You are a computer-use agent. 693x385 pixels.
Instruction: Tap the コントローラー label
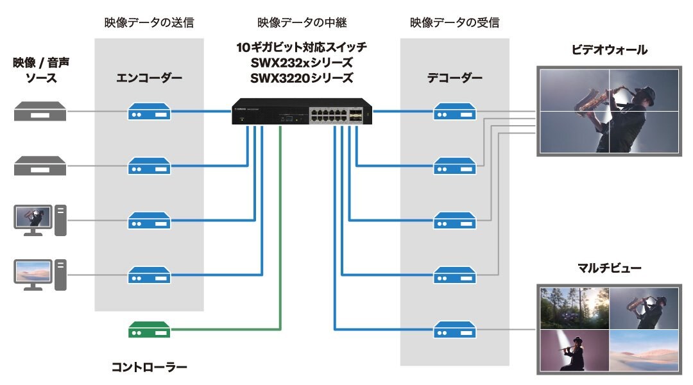pos(149,367)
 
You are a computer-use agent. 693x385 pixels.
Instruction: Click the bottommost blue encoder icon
pos(149,275)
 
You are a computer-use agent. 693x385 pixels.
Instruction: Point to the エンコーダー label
pos(149,79)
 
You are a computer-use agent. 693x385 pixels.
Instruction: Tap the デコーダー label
pos(454,79)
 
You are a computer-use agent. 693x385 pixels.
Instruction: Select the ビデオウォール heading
pos(609,49)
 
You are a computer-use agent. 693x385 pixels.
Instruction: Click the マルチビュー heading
pos(609,268)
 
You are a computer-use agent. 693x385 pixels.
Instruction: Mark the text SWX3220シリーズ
pos(302,78)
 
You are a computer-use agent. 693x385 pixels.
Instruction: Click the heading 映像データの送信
pos(149,23)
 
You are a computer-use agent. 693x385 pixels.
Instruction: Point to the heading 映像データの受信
pos(454,23)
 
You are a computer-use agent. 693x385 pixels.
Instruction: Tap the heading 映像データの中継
pos(302,23)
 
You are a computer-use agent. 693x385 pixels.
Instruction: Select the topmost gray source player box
pos(40,112)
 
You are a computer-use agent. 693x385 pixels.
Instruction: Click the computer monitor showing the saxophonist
pos(33,217)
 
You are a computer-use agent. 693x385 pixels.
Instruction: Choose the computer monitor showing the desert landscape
pos(33,271)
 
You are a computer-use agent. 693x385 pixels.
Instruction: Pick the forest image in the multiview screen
pos(574,308)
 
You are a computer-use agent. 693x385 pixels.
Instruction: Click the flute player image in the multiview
pos(574,350)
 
